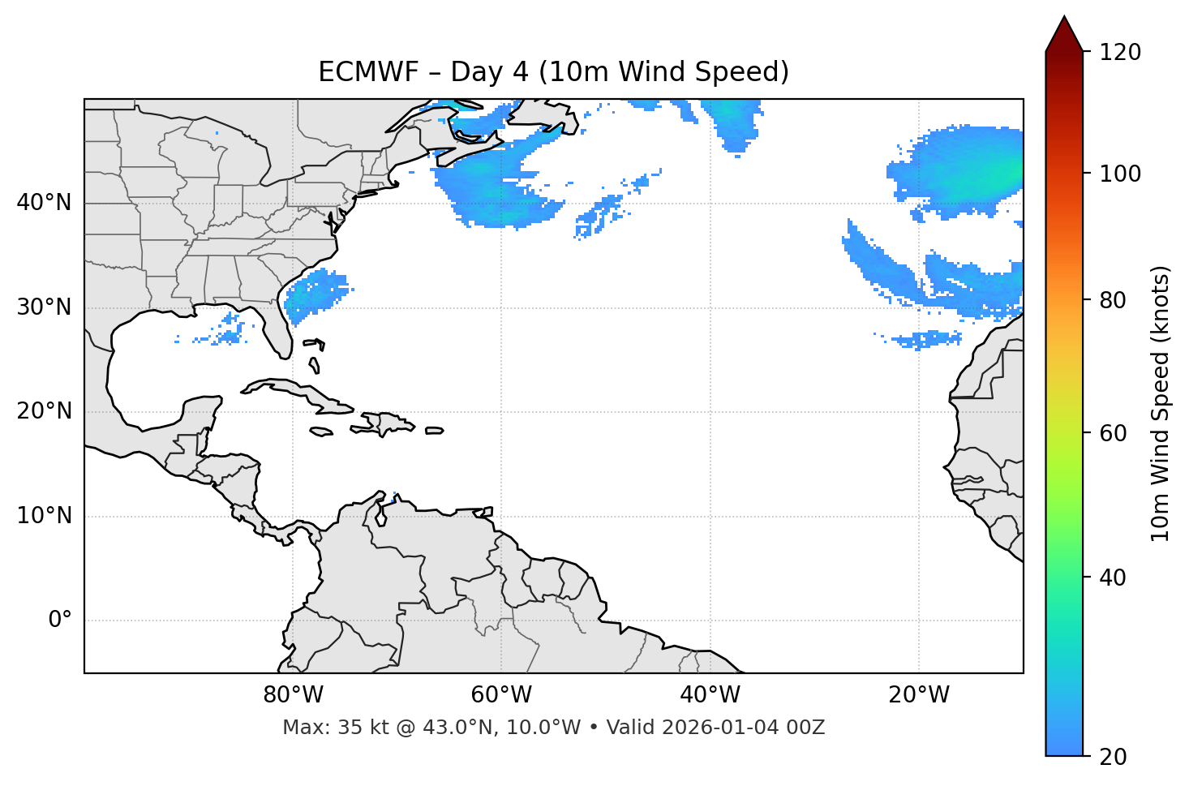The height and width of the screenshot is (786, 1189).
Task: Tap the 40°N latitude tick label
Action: coord(44,203)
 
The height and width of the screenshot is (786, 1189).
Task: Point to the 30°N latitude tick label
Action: coord(44,307)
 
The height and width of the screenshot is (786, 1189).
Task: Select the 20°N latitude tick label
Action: coord(44,411)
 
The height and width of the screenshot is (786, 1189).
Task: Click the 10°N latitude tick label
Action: coord(44,516)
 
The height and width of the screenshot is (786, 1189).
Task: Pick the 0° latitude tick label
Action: coord(60,621)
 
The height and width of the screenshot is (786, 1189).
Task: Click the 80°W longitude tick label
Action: coord(293,695)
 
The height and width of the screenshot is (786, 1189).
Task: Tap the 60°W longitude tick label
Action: coord(500,695)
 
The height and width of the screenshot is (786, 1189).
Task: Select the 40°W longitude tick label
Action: coord(710,695)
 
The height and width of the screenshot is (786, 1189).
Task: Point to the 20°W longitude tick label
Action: coord(918,695)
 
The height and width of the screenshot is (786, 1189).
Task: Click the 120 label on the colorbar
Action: coord(1120,53)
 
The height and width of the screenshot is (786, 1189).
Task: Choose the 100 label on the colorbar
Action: coord(1120,174)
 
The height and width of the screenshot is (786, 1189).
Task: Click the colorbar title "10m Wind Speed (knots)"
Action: coord(1161,403)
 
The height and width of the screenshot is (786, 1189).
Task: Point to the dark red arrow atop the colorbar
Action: coord(1064,35)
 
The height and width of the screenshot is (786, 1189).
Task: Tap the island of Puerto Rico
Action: coord(435,431)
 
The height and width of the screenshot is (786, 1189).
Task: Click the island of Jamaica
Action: coord(321,432)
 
